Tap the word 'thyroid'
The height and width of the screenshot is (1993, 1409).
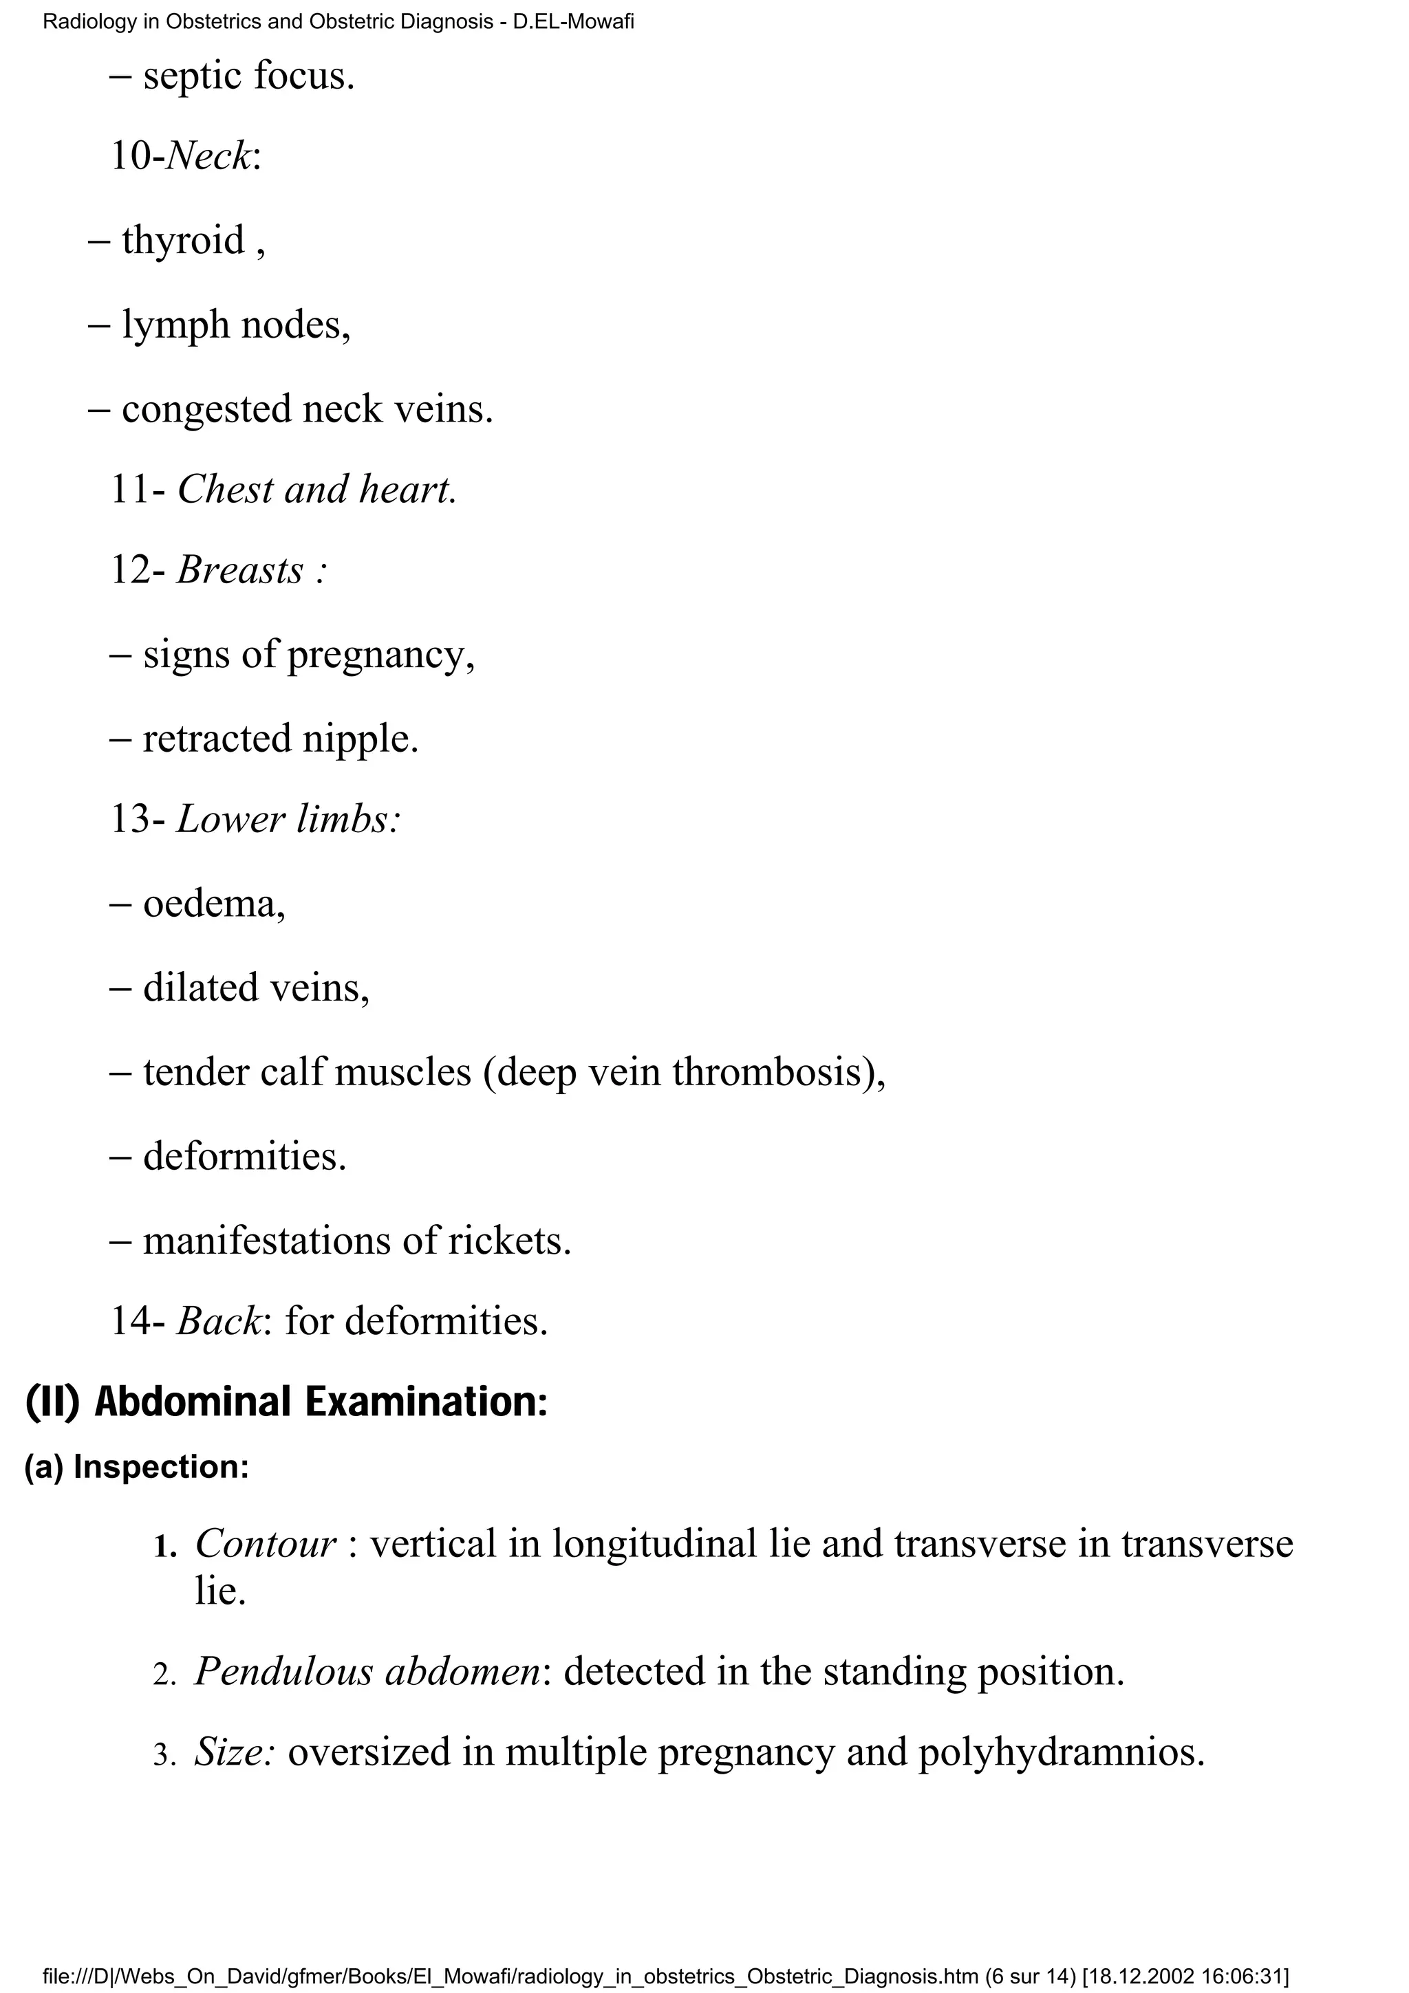coord(182,241)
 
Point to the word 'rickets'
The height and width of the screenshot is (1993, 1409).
coord(508,1241)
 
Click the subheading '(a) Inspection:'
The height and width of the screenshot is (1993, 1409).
coord(137,1466)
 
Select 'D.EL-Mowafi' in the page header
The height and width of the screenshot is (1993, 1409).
coord(573,22)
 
